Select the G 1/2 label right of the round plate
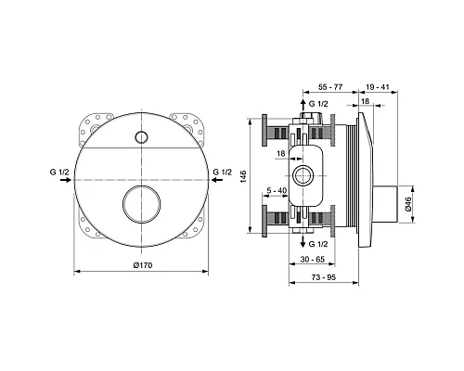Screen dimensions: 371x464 click(x=222, y=172)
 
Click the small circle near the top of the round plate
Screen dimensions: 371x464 click(x=142, y=138)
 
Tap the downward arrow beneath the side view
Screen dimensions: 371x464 click(x=303, y=243)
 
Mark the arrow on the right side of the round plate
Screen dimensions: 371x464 click(x=218, y=183)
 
